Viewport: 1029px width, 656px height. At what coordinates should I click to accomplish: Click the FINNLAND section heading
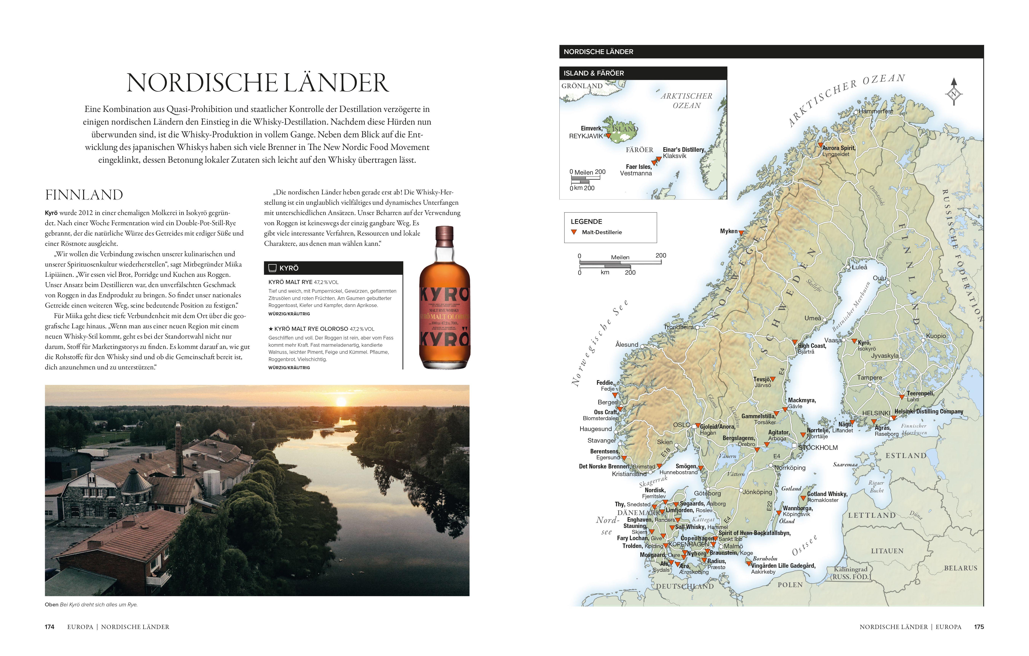(84, 195)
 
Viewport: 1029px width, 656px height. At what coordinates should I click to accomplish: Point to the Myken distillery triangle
(741, 233)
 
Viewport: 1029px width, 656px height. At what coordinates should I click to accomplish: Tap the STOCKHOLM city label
(818, 448)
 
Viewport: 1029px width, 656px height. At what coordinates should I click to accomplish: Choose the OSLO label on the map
(682, 425)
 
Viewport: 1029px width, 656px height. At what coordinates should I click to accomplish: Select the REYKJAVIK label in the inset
(585, 136)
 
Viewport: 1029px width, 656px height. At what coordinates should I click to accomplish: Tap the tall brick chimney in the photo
(178, 444)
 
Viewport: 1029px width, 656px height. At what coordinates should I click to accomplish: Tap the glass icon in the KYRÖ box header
(272, 268)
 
